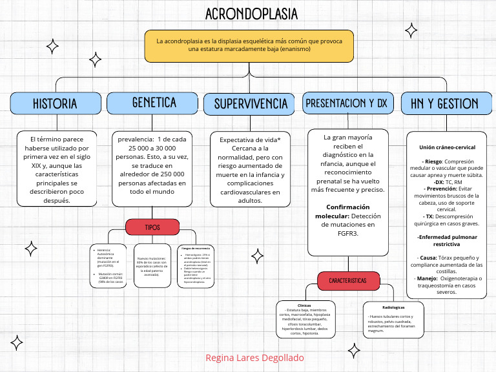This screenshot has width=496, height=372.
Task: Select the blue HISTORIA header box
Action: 55,103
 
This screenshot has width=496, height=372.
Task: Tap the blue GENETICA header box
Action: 153,103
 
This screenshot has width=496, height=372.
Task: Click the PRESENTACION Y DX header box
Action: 346,103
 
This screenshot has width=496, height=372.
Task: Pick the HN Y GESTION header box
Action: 440,103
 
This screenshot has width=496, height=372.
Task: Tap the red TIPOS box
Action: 152,227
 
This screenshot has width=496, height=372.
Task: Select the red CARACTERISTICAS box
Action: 347,281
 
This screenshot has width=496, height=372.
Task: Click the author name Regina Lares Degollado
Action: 254,358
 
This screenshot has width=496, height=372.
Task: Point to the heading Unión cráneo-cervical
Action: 447,147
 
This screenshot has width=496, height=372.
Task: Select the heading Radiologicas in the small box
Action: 393,307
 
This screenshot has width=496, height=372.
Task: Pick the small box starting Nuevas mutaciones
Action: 152,265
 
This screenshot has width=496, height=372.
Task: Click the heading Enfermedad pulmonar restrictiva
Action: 446,241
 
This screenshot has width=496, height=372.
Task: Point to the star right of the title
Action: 410,30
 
